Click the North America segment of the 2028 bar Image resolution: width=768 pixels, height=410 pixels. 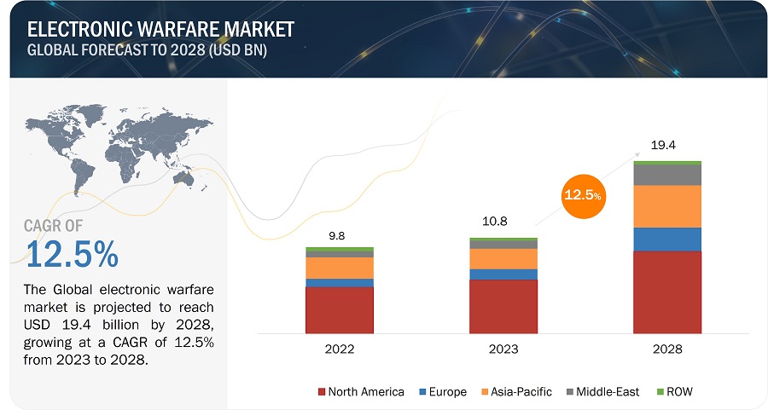(666, 292)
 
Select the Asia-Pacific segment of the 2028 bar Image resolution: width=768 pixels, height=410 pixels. (666, 206)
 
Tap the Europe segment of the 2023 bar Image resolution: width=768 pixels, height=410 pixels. (503, 274)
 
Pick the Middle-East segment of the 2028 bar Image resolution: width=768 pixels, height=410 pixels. (666, 175)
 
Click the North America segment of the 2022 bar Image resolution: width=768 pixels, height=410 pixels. (340, 309)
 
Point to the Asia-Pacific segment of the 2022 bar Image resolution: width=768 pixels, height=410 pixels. (340, 268)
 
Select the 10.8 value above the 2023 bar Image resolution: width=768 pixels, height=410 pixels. (495, 222)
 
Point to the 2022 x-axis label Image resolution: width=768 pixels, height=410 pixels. (340, 349)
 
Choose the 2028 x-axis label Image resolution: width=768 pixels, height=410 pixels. (666, 349)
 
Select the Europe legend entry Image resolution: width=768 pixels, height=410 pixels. (441, 391)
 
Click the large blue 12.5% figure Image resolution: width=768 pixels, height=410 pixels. (72, 254)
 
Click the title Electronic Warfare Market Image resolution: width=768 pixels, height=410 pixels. (160, 29)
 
